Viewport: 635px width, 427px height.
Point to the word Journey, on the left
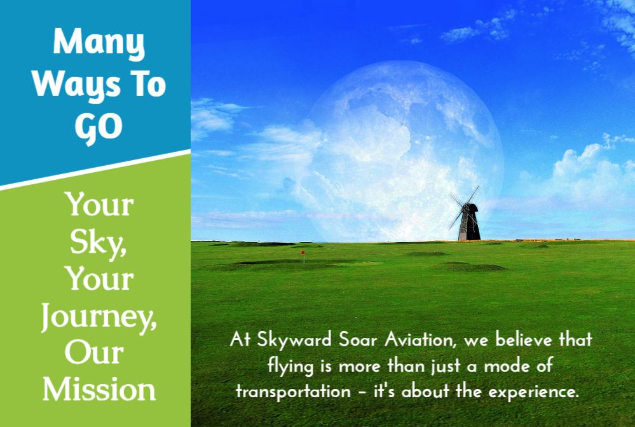pos(99,317)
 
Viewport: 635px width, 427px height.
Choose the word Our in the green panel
pos(94,353)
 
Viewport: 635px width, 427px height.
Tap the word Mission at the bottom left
pos(99,390)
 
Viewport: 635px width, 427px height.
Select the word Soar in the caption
pos(358,340)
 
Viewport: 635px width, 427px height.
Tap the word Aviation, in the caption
pos(421,340)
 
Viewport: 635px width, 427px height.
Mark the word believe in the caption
pos(524,339)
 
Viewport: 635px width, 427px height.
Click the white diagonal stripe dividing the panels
pos(95,170)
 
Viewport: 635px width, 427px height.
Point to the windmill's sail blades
pos(463,208)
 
